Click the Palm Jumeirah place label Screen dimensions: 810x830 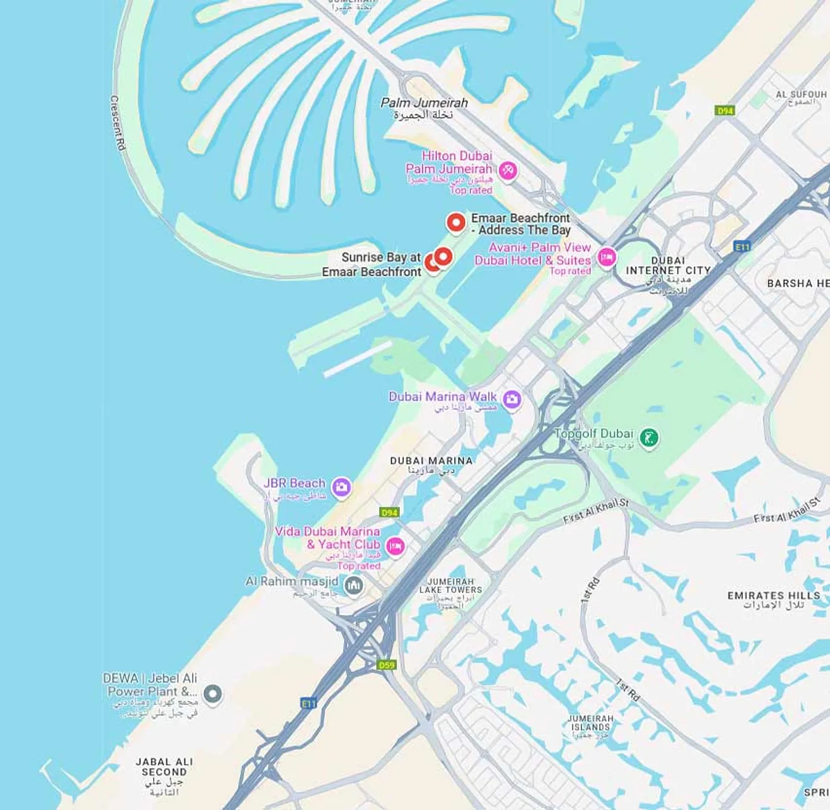point(424,103)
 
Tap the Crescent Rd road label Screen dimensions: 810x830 point(117,122)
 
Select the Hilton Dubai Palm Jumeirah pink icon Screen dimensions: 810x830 point(507,171)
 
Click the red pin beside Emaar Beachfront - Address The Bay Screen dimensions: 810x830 point(456,222)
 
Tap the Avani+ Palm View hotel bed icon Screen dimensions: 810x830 point(606,258)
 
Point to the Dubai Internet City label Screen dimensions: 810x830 point(668,265)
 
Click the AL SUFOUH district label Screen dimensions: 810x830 point(800,95)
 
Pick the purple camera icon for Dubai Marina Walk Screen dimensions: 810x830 point(512,399)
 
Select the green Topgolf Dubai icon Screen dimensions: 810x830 point(649,437)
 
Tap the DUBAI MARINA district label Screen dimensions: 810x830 point(431,461)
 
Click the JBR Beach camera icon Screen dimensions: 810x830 point(341,487)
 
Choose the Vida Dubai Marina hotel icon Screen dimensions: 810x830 point(395,545)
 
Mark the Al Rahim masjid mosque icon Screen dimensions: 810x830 point(354,585)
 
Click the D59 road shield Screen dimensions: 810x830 point(386,664)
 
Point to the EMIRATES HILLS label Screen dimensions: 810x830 point(773,595)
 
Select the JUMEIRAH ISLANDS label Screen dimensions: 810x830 point(590,723)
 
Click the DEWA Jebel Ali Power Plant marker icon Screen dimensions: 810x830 point(213,693)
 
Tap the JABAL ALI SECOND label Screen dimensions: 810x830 point(164,766)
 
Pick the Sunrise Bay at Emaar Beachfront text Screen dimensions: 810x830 point(371,264)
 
